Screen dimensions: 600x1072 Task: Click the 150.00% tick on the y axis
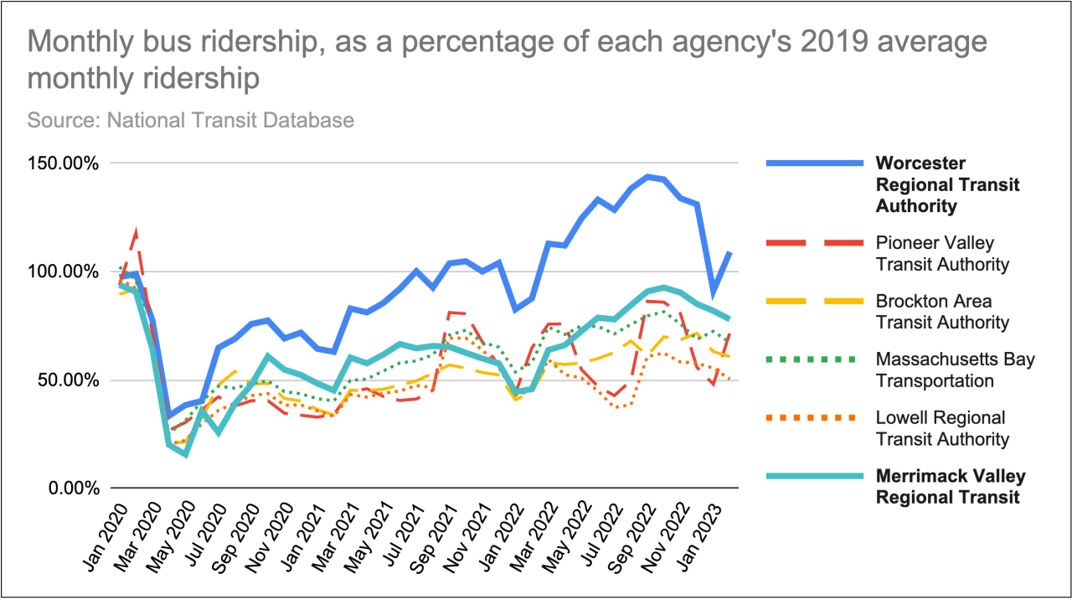coord(64,163)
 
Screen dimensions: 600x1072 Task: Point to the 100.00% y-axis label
coord(64,272)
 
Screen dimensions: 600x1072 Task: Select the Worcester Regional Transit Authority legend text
coord(947,184)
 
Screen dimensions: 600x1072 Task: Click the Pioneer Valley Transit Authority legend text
coord(942,254)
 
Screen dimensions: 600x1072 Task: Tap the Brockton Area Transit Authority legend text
coord(942,312)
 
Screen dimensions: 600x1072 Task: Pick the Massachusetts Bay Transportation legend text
coord(955,370)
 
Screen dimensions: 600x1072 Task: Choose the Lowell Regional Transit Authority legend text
coord(942,428)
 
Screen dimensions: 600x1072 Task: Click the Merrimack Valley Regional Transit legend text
coord(950,486)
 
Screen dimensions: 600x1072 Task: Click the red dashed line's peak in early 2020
coord(136,231)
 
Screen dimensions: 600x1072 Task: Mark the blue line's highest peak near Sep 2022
coord(647,177)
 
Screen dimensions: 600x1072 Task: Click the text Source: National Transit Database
coord(191,120)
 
